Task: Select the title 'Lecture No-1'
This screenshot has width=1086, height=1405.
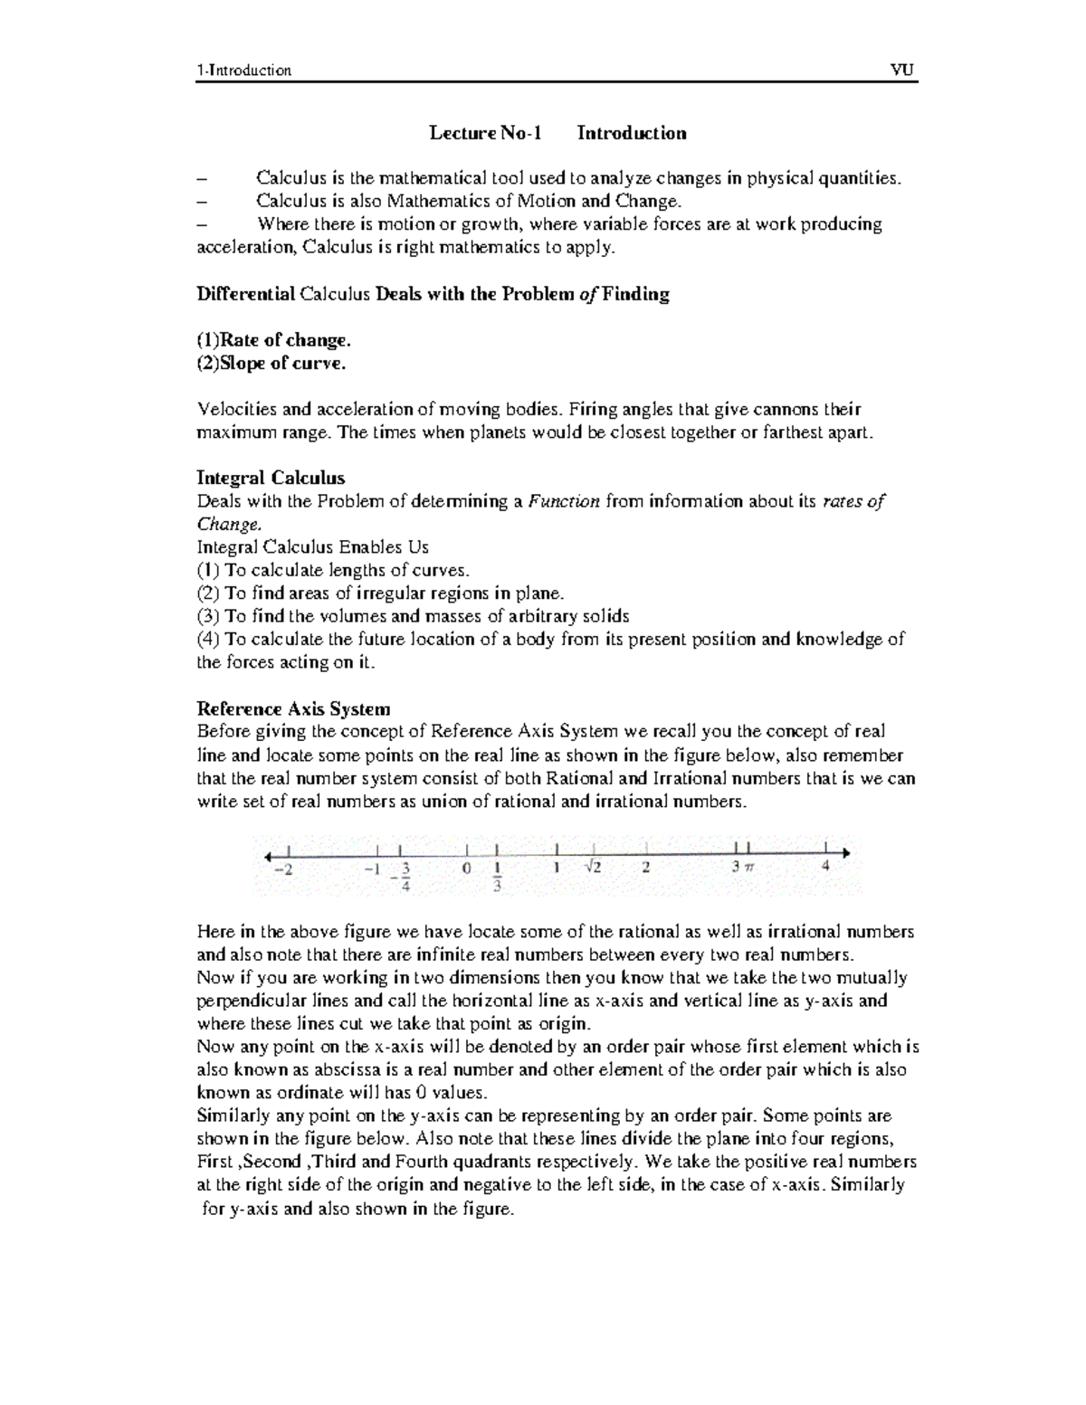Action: pyautogui.click(x=485, y=134)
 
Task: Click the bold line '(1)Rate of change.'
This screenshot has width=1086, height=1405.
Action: pyautogui.click(x=273, y=340)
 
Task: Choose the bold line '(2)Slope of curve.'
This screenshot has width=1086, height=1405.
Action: pyautogui.click(x=271, y=364)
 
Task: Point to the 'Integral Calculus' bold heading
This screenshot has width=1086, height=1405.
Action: pyautogui.click(x=271, y=478)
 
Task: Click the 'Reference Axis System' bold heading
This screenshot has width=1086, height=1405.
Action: pyautogui.click(x=293, y=708)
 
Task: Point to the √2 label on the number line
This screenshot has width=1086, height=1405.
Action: pyautogui.click(x=594, y=867)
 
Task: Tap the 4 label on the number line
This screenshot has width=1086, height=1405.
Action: pyautogui.click(x=824, y=866)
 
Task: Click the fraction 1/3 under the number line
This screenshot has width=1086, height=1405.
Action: pyautogui.click(x=497, y=877)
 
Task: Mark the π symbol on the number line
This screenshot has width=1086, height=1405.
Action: pyautogui.click(x=748, y=867)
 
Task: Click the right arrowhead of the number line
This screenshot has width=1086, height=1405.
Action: pyautogui.click(x=844, y=852)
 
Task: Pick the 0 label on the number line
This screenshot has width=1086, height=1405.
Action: pyautogui.click(x=466, y=868)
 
